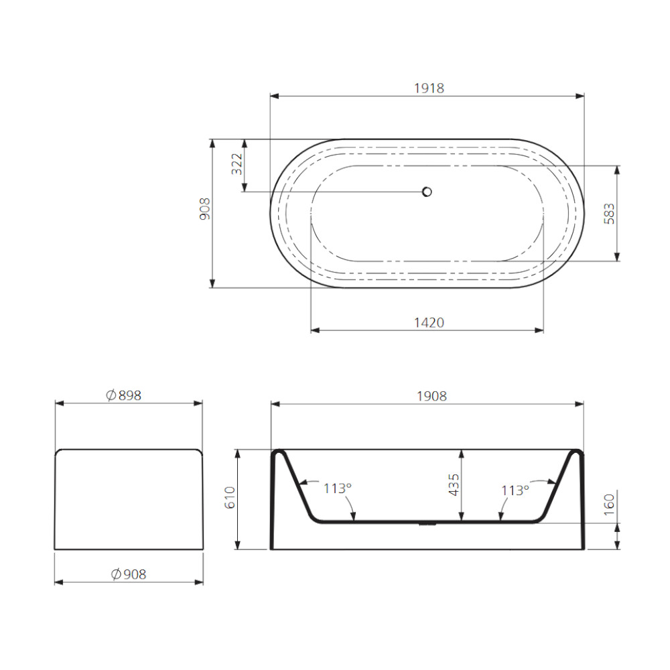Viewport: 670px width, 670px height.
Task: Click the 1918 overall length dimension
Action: (x=429, y=88)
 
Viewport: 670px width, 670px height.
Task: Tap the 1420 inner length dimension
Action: (x=429, y=322)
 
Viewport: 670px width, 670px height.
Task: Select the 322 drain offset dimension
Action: (x=237, y=164)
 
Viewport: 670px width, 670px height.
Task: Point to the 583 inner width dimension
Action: (x=609, y=214)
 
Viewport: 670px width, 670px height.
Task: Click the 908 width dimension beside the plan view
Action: (x=205, y=209)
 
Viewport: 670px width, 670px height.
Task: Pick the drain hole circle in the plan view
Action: (x=426, y=192)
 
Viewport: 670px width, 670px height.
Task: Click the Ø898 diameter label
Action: (x=123, y=395)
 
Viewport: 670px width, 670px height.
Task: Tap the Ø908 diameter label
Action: (x=129, y=574)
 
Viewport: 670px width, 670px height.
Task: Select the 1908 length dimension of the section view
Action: (x=431, y=396)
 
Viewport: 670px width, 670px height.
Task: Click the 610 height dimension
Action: (x=230, y=497)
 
